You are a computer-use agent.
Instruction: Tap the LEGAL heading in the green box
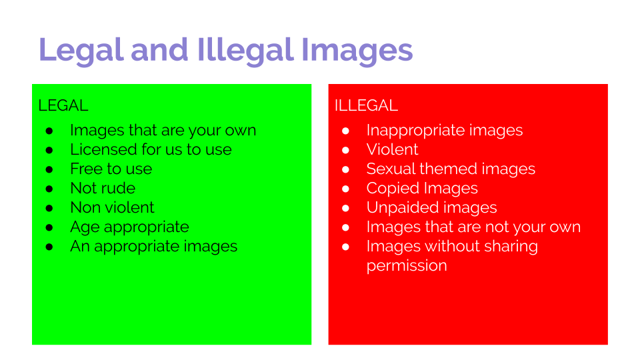coord(63,105)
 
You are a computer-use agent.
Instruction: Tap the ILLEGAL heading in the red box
coord(366,105)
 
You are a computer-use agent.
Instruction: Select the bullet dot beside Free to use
coord(49,169)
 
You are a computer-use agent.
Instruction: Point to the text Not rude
coord(103,188)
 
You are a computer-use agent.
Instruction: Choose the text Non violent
coord(112,207)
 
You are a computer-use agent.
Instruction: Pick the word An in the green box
coord(80,246)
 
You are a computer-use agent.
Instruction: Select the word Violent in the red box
coord(393,149)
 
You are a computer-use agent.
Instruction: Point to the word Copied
coord(392,188)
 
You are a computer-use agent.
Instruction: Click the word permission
coord(407,265)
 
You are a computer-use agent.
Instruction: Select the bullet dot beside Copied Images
coord(345,189)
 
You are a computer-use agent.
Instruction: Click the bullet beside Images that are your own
coord(49,131)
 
